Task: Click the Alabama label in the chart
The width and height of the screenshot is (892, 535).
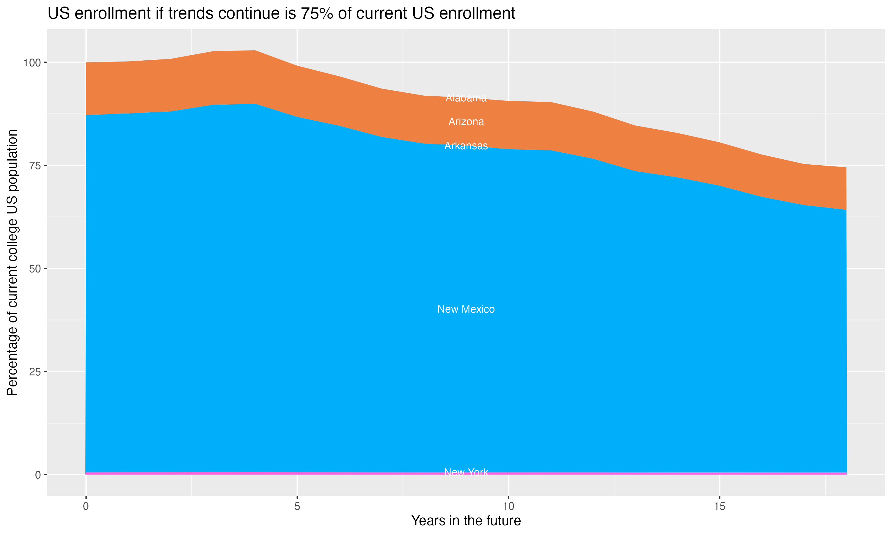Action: tap(466, 98)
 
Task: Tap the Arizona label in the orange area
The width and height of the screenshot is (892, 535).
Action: tap(466, 122)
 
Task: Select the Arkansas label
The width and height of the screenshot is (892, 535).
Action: tap(466, 146)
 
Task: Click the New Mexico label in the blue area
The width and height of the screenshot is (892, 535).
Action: tap(466, 309)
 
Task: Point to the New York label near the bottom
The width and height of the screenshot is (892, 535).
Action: tap(466, 472)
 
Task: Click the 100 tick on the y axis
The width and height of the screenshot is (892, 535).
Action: tap(32, 63)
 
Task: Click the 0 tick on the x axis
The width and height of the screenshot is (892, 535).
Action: tap(86, 506)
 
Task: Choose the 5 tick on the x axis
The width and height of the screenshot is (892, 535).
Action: tap(297, 506)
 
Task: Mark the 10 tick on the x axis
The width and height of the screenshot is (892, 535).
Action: tap(508, 506)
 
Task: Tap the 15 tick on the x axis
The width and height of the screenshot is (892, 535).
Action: tap(719, 506)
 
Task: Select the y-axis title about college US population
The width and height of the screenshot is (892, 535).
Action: tap(12, 262)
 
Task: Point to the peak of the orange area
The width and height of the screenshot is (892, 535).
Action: tap(255, 51)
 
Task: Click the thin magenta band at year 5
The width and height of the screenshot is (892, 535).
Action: tap(297, 473)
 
